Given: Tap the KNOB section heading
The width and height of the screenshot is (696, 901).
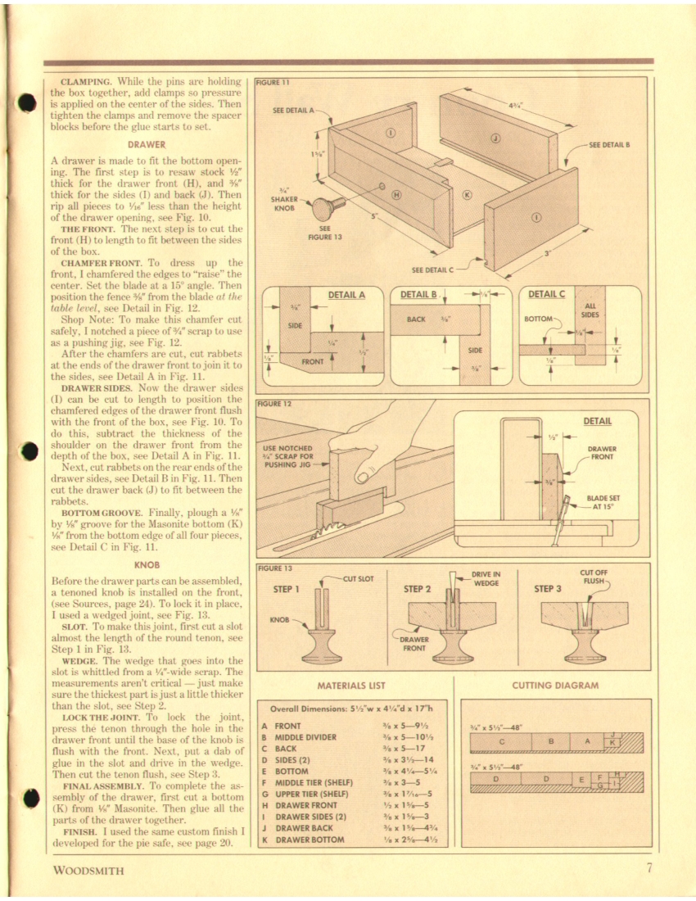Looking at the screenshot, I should pos(146,564).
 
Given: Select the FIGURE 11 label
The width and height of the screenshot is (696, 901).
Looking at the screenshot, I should pos(269,82).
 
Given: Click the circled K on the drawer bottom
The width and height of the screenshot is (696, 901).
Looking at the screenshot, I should pos(467,195).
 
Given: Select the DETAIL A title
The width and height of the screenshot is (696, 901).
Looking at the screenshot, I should pos(346,294).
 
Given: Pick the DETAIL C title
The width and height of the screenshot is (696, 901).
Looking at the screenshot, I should pos(546,294).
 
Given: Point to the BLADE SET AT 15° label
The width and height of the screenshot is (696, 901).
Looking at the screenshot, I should pos(603,501).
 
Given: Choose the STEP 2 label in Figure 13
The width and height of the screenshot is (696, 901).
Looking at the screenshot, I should pos(418,588).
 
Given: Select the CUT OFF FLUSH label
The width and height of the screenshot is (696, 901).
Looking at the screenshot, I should pos(591,578).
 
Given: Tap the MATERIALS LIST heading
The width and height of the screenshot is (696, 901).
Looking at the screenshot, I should pos(350,686).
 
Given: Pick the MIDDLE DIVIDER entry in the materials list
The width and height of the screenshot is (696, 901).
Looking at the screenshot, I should pos(306,737).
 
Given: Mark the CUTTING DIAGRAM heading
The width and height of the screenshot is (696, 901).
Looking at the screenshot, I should pos(554,686).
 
